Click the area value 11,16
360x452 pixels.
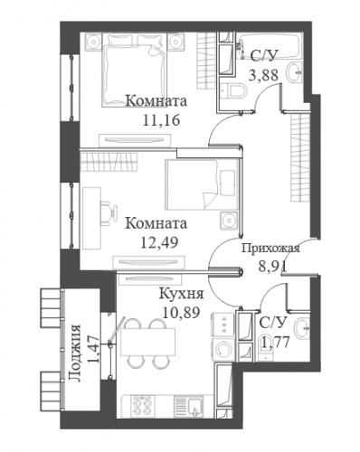point(161,120)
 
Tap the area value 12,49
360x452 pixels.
point(159,242)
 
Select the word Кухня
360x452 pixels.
point(182,294)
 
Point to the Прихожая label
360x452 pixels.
point(270,249)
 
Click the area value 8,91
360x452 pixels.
point(272,266)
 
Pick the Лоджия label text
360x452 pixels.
point(75,353)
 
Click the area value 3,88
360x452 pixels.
point(263,75)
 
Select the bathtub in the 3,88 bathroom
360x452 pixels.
point(270,46)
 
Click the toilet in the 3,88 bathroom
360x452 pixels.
point(234,90)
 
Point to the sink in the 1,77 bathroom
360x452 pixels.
point(302,327)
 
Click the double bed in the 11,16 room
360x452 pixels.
point(135,70)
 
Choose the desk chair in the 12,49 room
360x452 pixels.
point(108,213)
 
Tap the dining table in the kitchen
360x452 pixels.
point(147,342)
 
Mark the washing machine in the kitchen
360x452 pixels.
point(223,349)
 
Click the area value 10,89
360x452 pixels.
point(182,312)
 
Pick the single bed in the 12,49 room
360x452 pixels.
point(201,184)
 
